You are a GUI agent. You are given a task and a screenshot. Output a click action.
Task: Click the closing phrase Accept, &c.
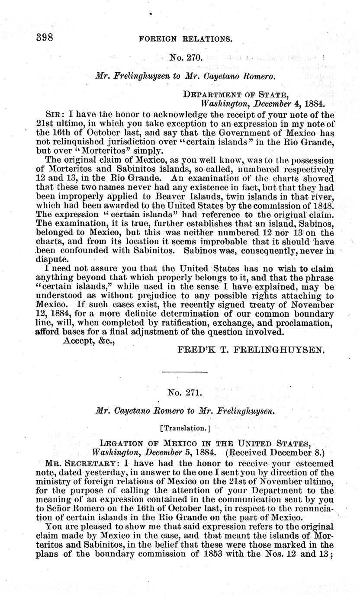[x=89, y=341]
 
